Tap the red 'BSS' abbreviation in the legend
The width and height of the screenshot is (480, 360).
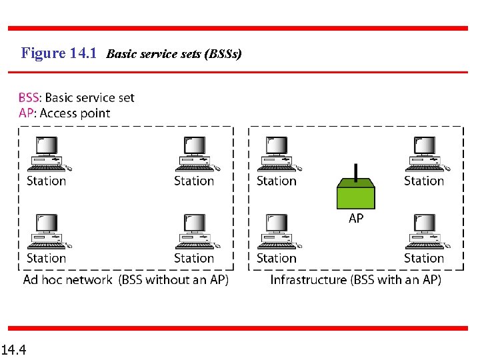click(28, 98)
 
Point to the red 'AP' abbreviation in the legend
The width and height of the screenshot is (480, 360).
click(25, 113)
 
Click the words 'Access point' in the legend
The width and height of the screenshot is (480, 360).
click(75, 113)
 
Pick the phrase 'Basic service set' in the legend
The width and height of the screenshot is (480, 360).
click(89, 98)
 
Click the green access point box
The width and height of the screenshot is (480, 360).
click(357, 194)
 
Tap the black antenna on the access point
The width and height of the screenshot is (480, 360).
click(357, 171)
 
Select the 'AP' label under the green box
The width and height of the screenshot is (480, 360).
click(357, 219)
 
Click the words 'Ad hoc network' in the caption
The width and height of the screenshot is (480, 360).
click(67, 280)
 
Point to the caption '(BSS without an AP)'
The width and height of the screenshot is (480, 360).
click(174, 280)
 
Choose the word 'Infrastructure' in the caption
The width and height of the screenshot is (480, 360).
click(308, 280)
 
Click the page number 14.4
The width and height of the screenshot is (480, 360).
click(14, 349)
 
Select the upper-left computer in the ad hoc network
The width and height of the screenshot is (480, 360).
click(47, 153)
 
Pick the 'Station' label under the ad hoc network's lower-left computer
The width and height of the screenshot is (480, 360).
click(47, 258)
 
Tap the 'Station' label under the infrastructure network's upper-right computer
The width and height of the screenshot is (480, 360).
click(424, 181)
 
